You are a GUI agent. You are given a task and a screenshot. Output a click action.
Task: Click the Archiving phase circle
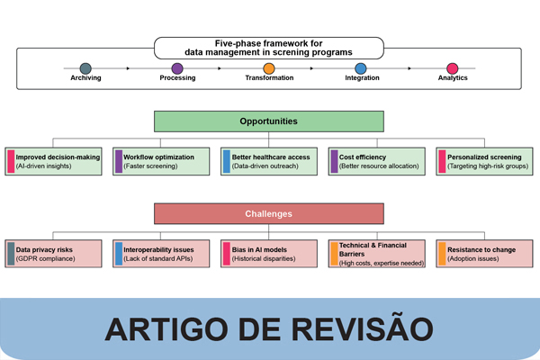click(x=85, y=67)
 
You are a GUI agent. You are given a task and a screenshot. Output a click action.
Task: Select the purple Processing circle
click(x=177, y=67)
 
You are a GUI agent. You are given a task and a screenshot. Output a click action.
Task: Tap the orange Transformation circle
click(x=269, y=67)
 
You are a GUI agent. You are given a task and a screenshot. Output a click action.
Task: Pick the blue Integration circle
click(x=361, y=67)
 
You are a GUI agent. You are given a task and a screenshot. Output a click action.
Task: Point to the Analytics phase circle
click(x=453, y=67)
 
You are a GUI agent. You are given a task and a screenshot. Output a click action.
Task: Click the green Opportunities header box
click(x=269, y=121)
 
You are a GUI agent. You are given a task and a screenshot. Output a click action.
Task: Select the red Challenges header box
click(x=269, y=214)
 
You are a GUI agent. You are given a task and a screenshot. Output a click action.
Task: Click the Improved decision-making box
click(x=54, y=161)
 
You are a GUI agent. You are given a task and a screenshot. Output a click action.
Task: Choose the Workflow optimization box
click(x=161, y=161)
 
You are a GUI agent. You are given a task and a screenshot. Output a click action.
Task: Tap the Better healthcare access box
click(x=268, y=161)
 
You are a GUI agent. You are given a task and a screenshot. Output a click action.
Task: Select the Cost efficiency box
click(x=376, y=161)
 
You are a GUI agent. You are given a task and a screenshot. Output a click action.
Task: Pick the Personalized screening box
click(x=483, y=161)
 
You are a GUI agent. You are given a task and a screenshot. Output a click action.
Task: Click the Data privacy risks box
click(x=54, y=253)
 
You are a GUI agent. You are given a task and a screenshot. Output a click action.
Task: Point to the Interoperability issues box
click(x=161, y=253)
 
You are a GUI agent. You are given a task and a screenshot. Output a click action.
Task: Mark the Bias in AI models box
click(x=268, y=253)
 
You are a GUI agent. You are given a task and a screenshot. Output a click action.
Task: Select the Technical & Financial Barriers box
click(x=376, y=253)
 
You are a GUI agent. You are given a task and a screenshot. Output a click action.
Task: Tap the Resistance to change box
click(x=483, y=253)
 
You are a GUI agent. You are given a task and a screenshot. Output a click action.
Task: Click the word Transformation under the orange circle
click(x=269, y=78)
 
